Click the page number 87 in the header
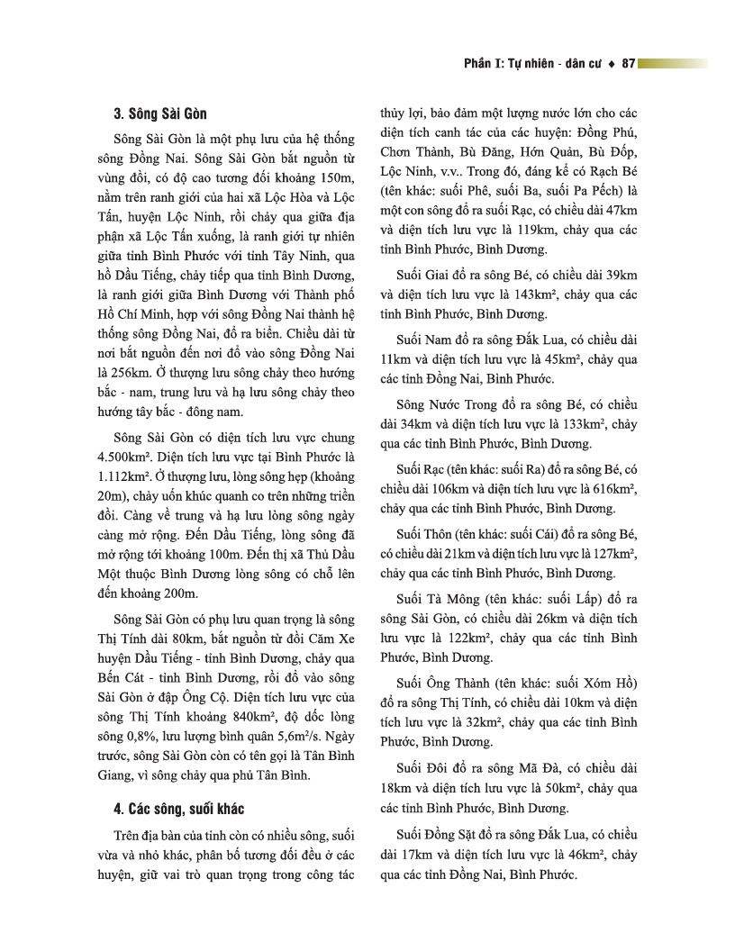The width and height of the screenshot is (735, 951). coord(629,64)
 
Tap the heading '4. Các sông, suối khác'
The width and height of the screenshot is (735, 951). coord(173,808)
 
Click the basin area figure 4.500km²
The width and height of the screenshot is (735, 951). coord(133,456)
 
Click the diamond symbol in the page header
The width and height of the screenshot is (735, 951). coord(612,64)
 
